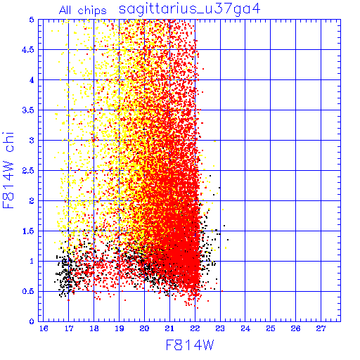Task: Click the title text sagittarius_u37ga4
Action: coord(189,10)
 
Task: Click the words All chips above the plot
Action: coord(82,11)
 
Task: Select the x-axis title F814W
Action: coord(190,345)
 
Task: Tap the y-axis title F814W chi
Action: coord(8,170)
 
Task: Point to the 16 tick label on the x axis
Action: coord(44,328)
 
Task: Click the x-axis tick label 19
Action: coord(120,328)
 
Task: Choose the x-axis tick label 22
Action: coord(195,328)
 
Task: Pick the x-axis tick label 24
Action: coord(245,328)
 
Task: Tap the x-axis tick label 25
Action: coord(271,328)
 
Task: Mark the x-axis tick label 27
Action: coord(321,328)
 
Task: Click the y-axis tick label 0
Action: coord(32,321)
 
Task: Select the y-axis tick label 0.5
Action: coord(28,291)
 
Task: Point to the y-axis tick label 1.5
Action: coord(28,231)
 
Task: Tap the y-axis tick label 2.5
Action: coord(28,171)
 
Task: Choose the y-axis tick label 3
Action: coord(32,141)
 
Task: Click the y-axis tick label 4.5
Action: coord(28,50)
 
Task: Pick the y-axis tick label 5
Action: coord(32,20)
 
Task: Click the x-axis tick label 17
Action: coord(69,328)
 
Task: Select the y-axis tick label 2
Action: coord(32,201)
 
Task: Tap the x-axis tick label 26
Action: coord(295,328)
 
